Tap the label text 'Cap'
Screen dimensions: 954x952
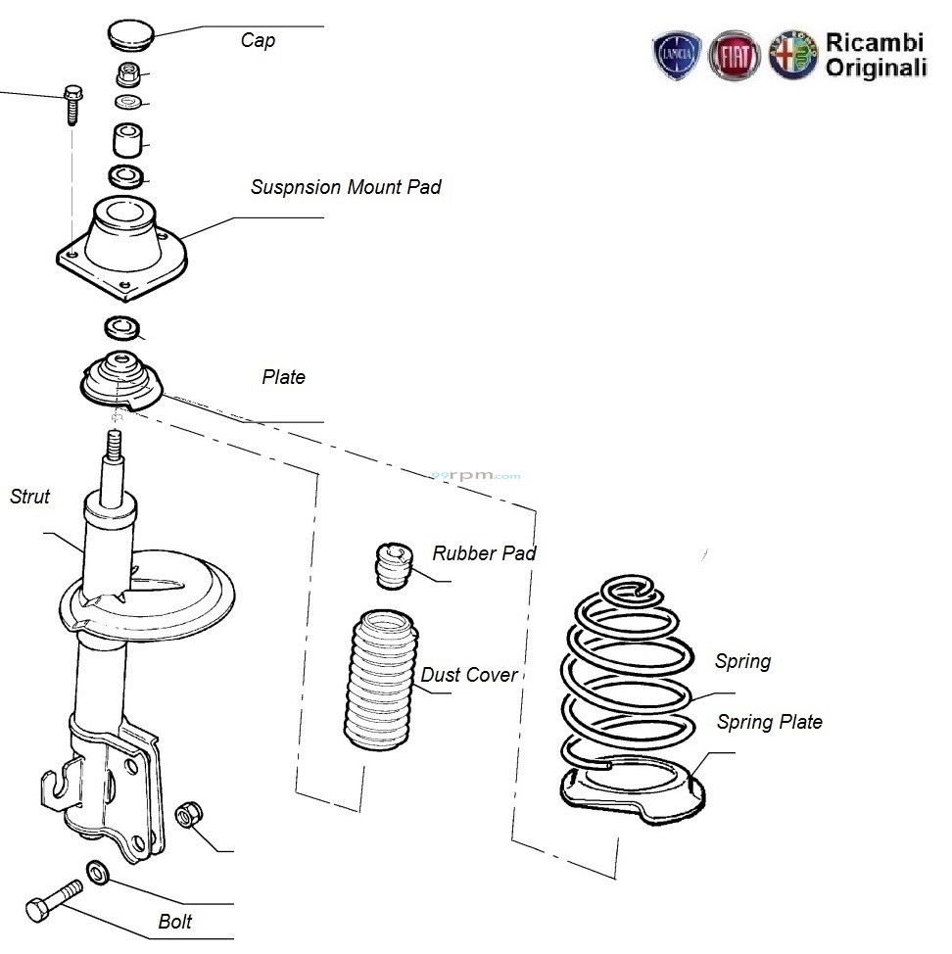click(258, 41)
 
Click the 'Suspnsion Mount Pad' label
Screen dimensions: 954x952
click(346, 187)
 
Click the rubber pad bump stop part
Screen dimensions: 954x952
click(394, 566)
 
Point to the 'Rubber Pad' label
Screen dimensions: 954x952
click(484, 553)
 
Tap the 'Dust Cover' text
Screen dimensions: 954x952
click(469, 675)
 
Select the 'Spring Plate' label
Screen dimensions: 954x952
click(769, 723)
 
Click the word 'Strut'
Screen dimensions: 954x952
click(29, 497)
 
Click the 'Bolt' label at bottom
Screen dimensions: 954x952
click(175, 922)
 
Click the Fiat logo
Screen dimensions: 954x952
click(735, 55)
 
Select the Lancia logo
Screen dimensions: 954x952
click(678, 55)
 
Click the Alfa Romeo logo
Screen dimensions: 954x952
click(792, 55)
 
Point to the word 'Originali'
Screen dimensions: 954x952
click(876, 68)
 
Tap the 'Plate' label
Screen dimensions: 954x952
click(283, 378)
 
